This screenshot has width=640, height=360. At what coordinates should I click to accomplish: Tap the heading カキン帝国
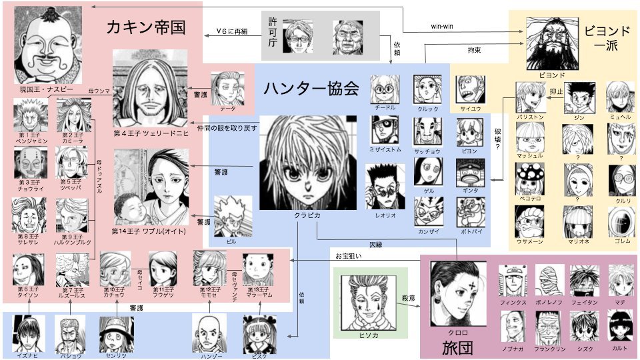[145, 28]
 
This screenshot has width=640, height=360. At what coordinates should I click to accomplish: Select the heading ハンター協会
[311, 88]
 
